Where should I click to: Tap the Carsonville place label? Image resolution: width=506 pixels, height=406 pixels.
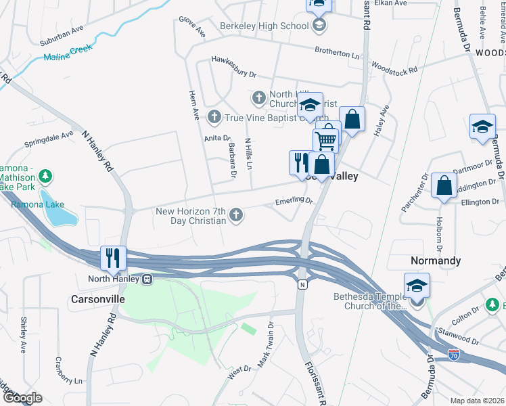98,298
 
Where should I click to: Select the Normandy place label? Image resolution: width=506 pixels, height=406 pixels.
436,261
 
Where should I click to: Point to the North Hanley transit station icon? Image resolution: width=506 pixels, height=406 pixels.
146,279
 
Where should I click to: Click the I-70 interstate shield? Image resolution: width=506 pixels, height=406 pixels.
455,353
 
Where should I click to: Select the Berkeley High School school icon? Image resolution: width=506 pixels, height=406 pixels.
319,26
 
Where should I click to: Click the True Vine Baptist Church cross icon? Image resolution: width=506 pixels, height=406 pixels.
214,118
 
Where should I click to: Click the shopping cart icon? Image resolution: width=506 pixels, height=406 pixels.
326,141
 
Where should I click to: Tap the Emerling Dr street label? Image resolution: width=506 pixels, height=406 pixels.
294,200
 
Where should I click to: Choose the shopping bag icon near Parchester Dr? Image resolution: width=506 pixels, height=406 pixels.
443,187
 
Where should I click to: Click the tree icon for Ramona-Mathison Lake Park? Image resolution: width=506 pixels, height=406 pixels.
45,177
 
